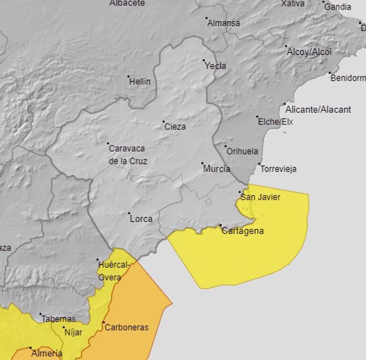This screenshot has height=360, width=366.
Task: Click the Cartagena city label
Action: tap(242, 232)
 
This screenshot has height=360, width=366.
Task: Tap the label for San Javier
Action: tap(260, 198)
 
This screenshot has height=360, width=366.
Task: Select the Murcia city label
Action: tap(216, 169)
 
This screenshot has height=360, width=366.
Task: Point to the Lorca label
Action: tap(141, 219)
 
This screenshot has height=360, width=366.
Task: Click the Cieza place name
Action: tap(175, 126)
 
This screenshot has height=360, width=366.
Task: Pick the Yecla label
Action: tap(215, 66)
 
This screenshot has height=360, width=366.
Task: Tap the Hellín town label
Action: tap(140, 82)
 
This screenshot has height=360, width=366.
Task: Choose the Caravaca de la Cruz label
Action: tap(128, 155)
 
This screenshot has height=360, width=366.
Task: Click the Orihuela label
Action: tap(242, 151)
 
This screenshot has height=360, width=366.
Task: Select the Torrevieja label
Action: tap(278, 169)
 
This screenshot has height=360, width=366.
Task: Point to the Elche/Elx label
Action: tap(275, 122)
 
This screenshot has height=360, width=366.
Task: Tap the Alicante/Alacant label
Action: tap(318, 110)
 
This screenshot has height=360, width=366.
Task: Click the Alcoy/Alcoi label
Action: tap(309, 52)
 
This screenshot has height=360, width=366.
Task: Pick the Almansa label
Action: tap(223, 23)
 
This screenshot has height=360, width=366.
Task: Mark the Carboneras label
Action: tap(126, 328)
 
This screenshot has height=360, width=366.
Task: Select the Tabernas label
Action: tap(58, 319)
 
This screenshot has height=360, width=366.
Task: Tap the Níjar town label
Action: tap(74, 333)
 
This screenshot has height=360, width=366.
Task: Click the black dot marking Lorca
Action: tap(129, 213)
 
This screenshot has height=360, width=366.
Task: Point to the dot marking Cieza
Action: tap(163, 122)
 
